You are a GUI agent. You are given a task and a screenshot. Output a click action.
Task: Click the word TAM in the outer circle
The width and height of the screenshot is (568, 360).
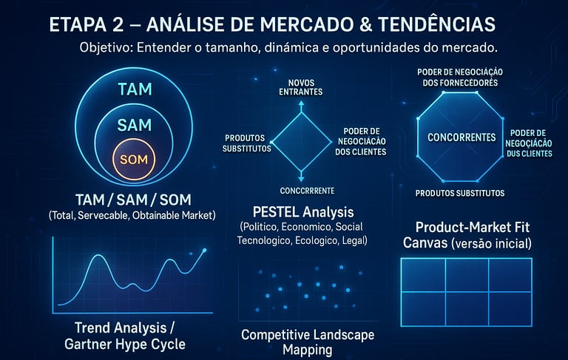point(135,89)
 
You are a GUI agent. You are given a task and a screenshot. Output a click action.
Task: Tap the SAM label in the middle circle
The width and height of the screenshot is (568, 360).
point(135,125)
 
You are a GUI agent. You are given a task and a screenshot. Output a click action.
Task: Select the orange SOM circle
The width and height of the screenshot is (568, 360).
point(135,159)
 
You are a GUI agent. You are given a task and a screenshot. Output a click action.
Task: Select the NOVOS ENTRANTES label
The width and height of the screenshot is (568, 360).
point(301,87)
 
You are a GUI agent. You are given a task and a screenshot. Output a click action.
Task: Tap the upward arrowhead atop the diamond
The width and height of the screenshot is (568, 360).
point(301,104)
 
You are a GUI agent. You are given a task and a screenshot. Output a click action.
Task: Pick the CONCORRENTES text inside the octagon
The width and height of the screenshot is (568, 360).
point(461,137)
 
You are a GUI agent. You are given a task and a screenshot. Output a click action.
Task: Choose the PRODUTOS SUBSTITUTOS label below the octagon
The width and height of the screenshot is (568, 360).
point(460,193)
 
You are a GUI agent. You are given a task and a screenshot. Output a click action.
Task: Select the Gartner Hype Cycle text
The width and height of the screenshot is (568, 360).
point(124,344)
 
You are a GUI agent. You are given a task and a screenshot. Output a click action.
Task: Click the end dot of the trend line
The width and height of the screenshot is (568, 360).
point(205,251)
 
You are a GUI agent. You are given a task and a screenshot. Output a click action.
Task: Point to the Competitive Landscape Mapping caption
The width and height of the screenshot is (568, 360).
point(308,342)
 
